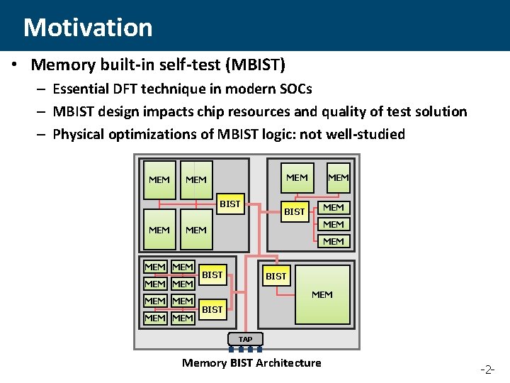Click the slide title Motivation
click(88, 28)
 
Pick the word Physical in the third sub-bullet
click(79, 134)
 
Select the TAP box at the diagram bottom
click(245, 339)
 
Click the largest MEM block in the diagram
click(322, 294)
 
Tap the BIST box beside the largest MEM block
click(276, 276)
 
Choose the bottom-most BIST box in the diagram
click(212, 309)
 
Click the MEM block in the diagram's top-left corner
click(159, 179)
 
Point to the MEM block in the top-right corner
click(339, 177)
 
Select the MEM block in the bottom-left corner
click(155, 318)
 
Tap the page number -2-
click(489, 370)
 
